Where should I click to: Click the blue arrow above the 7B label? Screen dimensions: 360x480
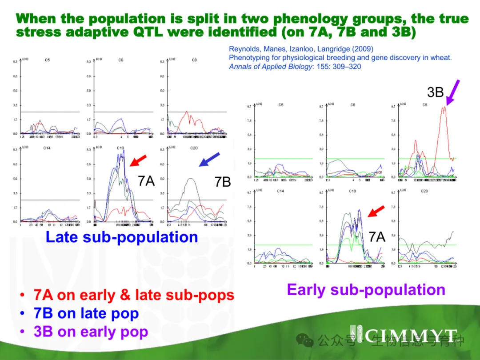pos(209,159)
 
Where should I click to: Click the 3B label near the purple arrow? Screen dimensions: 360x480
pos(435,92)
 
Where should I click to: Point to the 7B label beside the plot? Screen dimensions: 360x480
pos(222,181)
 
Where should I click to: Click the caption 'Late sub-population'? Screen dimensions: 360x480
pos(122,237)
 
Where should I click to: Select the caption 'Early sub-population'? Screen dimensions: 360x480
pos(366,289)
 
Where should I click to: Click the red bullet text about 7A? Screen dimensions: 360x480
pos(133,295)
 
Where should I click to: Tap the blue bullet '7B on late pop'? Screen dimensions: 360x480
pos(86,313)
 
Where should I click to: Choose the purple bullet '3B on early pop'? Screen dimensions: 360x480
pos(91,332)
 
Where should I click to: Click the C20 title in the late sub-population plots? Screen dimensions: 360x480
pos(194,148)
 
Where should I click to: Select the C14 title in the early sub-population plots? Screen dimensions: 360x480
pos(280,191)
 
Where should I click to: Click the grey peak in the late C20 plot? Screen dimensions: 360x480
pos(190,179)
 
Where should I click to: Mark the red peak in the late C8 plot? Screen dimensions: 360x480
pos(187,112)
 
